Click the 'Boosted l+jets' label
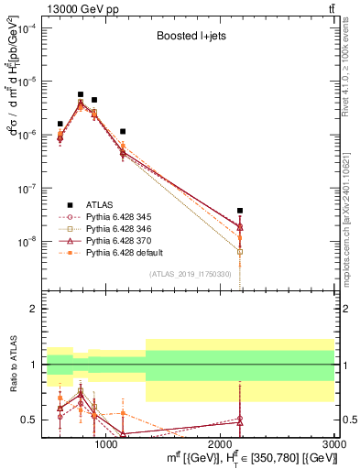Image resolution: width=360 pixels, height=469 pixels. coord(189,38)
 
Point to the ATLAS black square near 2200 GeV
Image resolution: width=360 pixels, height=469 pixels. coord(240,211)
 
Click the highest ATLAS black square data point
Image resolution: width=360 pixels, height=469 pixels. coord(81,94)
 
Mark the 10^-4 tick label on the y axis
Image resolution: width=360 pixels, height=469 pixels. coord(27,27)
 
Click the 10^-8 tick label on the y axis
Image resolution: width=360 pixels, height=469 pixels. coord(27,241)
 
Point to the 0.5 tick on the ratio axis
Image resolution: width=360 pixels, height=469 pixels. coord(29,420)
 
